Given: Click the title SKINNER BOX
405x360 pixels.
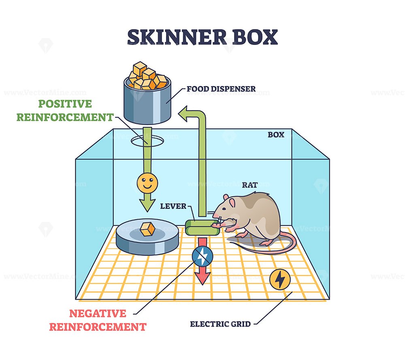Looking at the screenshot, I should coord(202,37).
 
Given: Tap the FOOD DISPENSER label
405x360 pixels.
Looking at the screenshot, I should coord(221,89).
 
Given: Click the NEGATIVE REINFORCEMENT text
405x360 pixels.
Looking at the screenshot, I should coord(97,320).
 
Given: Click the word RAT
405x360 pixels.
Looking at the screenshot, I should coord(250,185).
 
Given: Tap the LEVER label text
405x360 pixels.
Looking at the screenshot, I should coord(173,206).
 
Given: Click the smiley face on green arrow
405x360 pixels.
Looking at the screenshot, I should coord(147,183).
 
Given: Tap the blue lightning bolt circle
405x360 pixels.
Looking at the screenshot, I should coord(201,256).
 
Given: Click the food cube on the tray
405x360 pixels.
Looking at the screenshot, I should coord(147,230).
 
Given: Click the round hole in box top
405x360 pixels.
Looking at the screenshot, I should coord(147,141).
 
